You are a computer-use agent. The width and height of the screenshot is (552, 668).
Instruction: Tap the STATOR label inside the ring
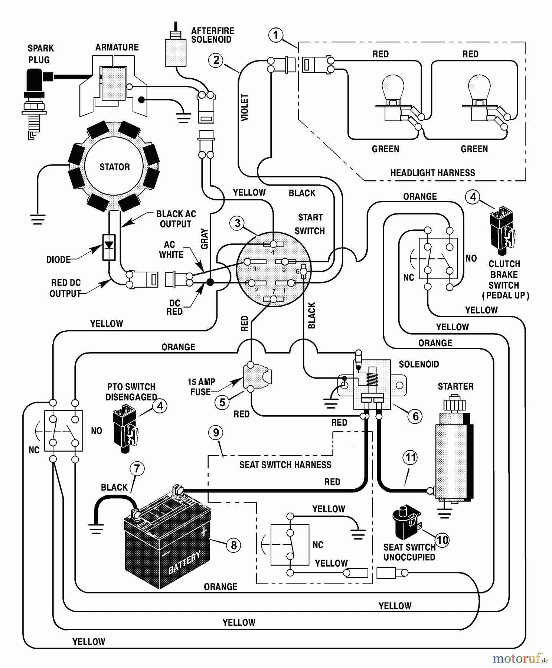(x=114, y=167)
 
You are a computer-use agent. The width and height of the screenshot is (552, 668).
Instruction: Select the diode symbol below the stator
(x=109, y=247)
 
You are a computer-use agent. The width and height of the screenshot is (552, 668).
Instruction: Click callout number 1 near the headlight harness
(x=275, y=35)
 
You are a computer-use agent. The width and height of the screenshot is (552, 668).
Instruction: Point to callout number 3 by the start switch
(x=237, y=223)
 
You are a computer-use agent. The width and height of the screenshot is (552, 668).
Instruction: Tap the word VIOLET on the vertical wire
(x=245, y=107)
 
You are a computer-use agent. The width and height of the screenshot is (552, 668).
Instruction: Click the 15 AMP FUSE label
(x=201, y=387)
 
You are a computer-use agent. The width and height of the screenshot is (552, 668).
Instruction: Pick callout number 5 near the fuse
(x=222, y=402)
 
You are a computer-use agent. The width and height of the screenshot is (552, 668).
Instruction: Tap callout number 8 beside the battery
(x=233, y=545)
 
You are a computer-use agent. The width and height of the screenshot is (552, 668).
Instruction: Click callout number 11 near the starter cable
(x=410, y=457)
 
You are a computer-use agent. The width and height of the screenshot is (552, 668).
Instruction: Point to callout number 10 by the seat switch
(x=442, y=540)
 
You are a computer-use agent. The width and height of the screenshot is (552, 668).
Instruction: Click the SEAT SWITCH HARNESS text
(x=285, y=465)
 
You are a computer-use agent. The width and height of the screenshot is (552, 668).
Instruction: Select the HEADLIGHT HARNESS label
(x=432, y=173)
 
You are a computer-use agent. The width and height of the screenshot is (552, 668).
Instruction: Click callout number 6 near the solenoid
(x=415, y=416)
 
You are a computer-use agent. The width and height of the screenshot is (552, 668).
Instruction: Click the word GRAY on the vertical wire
(x=204, y=239)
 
